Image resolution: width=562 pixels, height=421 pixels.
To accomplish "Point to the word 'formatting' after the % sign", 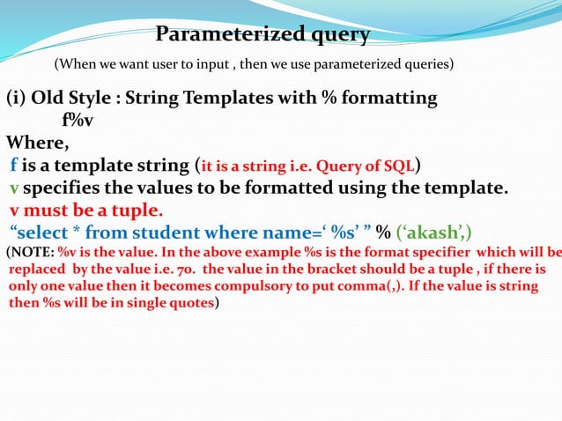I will (388, 98).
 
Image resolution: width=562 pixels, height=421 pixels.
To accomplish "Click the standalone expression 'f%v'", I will (78, 121).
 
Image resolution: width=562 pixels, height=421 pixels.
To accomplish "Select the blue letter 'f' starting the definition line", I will (14, 165).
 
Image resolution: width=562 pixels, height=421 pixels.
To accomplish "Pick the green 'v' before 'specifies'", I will (14, 188).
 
